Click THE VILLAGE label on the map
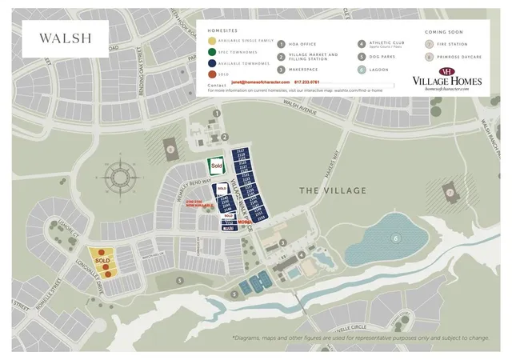332,190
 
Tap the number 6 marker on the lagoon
394,238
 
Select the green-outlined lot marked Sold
215,166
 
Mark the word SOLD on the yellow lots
102,261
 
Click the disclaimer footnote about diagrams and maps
360,338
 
